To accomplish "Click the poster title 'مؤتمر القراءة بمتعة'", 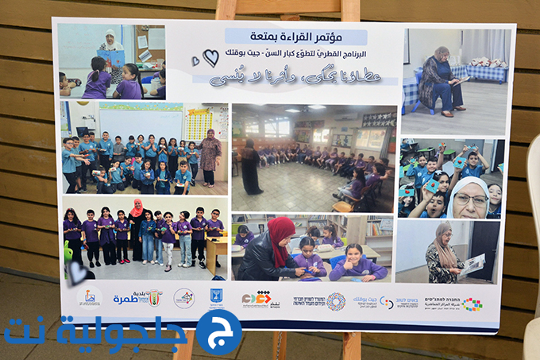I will coord(295,37).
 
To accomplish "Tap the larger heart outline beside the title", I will coord(210,58).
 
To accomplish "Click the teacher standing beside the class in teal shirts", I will coord(210,157).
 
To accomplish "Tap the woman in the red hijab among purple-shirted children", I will coord(137,230).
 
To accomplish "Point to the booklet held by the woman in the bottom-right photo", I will coord(471,265).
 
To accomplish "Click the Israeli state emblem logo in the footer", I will coord(217,297).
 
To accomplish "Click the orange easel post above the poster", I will coord(350,10).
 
